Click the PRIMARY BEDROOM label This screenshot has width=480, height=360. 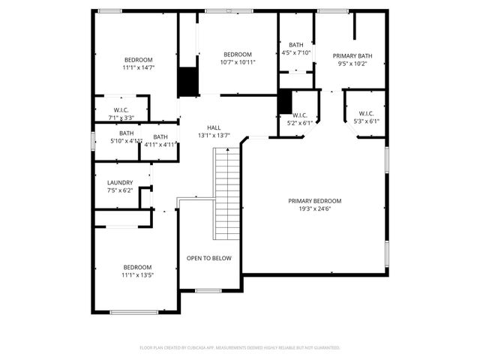(315, 201)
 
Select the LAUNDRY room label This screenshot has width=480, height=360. (120, 182)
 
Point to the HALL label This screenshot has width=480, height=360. (214, 128)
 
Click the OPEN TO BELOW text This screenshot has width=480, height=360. (209, 258)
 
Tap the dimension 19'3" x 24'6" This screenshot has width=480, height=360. (315, 209)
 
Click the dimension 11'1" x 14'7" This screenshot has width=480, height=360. (138, 67)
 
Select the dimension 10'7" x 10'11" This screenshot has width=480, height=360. (238, 62)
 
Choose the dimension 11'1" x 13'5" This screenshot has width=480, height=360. (138, 275)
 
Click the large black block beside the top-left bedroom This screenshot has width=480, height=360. (187, 81)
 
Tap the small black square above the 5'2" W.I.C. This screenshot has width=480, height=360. (284, 100)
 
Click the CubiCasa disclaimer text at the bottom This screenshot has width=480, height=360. (240, 348)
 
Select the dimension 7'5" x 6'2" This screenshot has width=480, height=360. (120, 190)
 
